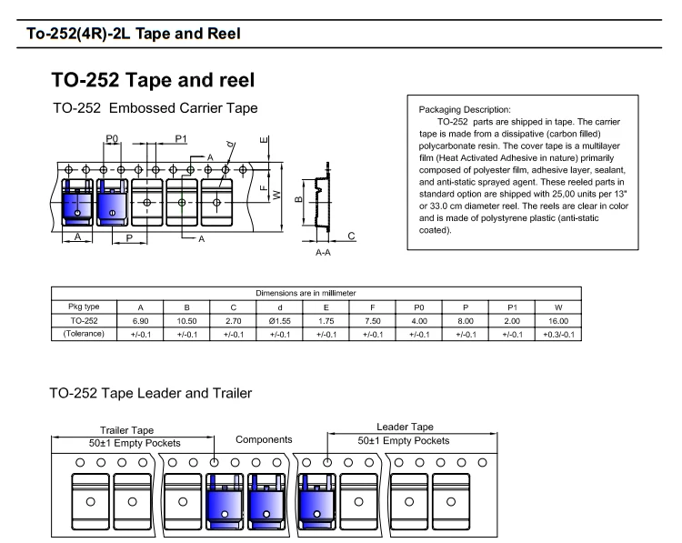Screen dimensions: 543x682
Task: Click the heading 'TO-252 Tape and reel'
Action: (x=152, y=78)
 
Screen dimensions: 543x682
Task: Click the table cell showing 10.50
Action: (x=186, y=321)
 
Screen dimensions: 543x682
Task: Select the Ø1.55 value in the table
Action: (x=280, y=321)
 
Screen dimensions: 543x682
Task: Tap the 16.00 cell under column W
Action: (x=557, y=321)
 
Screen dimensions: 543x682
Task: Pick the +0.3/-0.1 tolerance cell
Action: (x=557, y=334)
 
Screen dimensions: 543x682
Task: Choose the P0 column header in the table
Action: (x=418, y=307)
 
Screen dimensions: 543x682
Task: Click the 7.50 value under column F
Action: (x=372, y=321)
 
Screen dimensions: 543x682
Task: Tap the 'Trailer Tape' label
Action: (x=127, y=429)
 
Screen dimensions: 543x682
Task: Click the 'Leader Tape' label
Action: (x=405, y=427)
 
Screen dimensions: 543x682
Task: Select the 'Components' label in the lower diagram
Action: (x=264, y=440)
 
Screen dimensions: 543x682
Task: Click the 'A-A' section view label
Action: (x=323, y=252)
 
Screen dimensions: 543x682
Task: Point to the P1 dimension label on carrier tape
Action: (x=180, y=138)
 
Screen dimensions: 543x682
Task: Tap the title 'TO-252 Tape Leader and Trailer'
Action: (x=150, y=393)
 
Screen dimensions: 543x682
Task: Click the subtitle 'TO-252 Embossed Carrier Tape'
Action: (x=155, y=108)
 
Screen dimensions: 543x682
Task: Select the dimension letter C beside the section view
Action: (x=351, y=236)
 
